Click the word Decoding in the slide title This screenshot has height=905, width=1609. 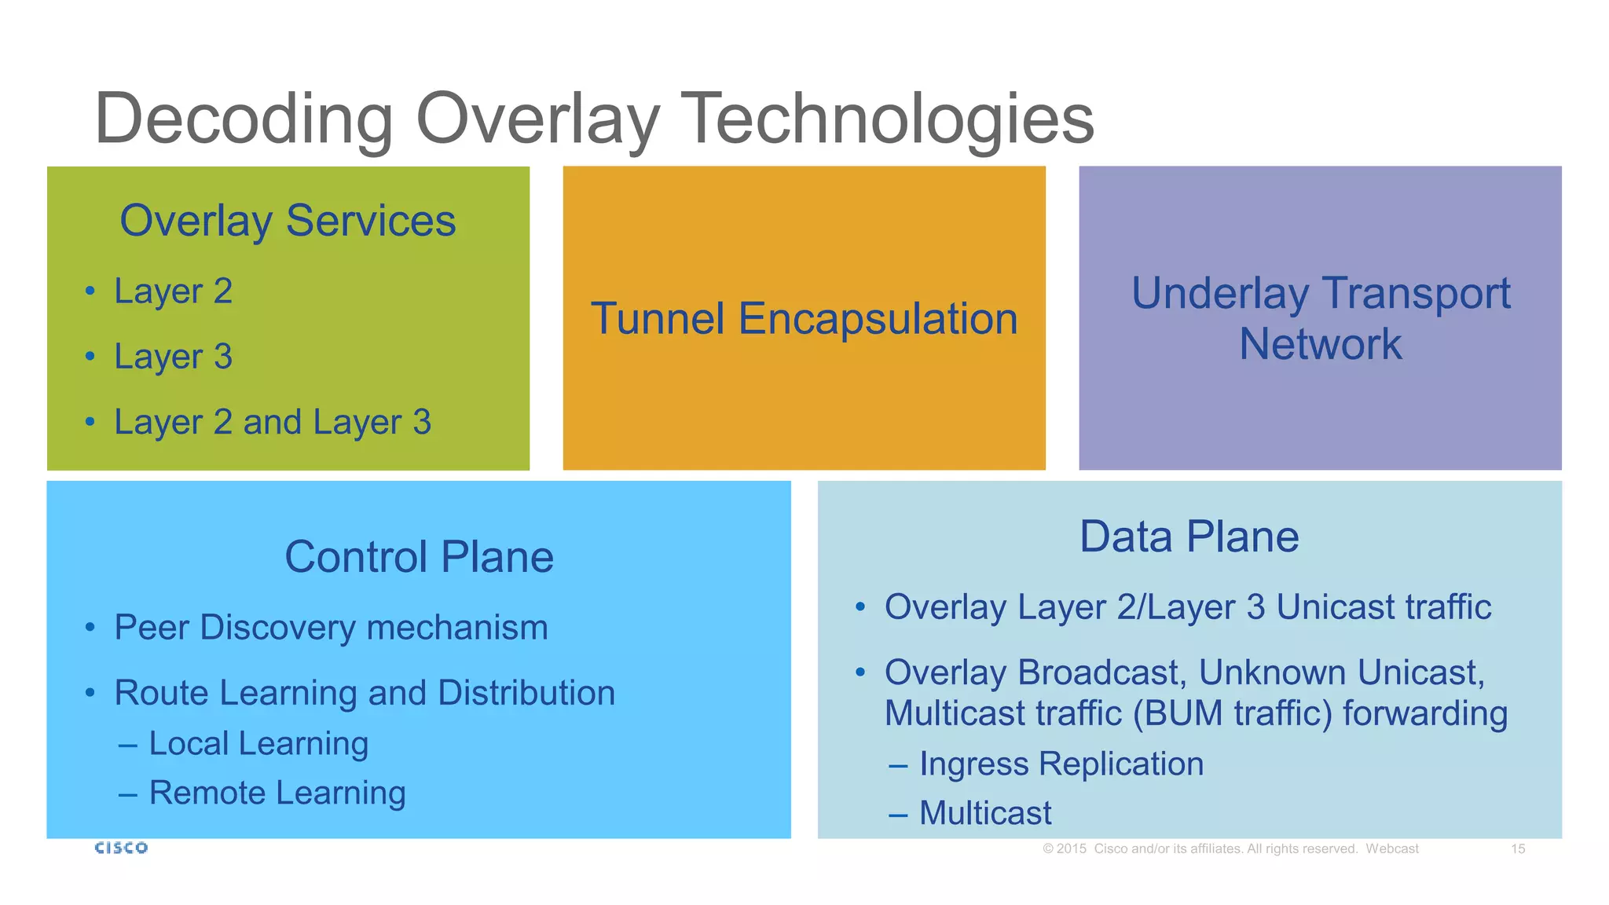[x=244, y=119]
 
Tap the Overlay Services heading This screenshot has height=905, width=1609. [x=288, y=221]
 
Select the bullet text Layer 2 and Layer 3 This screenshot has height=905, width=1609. [x=273, y=423]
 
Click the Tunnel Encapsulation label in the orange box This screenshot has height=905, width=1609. [x=804, y=319]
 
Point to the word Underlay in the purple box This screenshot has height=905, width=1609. [x=1219, y=294]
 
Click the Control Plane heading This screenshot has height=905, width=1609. [x=419, y=557]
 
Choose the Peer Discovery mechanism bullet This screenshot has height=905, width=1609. [x=331, y=628]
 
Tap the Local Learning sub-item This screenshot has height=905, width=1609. [x=258, y=743]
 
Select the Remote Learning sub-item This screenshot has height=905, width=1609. [x=277, y=793]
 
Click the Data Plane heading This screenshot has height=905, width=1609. [x=1189, y=537]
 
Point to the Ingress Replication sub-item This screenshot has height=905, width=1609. [x=1061, y=764]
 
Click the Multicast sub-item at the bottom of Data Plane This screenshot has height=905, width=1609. [x=984, y=813]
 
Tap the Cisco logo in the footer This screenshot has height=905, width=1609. [x=121, y=848]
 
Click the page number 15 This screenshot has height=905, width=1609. [x=1518, y=848]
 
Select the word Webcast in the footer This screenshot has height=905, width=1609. [x=1391, y=848]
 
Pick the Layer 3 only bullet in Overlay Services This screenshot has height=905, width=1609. [x=173, y=357]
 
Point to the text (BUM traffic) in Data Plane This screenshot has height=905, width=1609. [x=1232, y=713]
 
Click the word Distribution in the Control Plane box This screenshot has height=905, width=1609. [x=526, y=693]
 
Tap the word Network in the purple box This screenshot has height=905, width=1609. [x=1320, y=344]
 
